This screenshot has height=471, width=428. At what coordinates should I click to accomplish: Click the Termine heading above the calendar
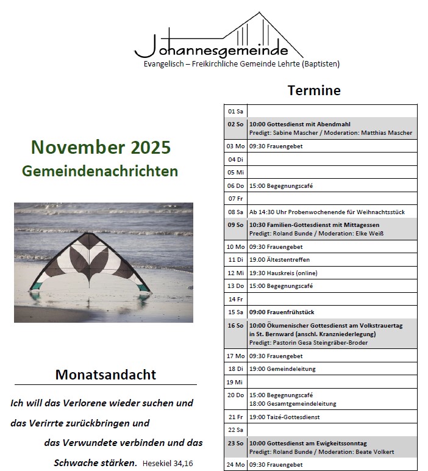click(314, 91)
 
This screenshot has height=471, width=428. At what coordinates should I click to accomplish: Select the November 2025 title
click(101, 147)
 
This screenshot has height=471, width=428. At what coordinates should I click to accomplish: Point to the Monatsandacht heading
click(105, 375)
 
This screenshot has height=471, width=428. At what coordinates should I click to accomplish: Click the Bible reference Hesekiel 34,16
click(168, 464)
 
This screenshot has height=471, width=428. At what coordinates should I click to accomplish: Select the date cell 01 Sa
click(235, 112)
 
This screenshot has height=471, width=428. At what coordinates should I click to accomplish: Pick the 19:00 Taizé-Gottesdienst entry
click(284, 417)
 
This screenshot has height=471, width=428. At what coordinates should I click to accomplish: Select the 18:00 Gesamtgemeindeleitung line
click(293, 403)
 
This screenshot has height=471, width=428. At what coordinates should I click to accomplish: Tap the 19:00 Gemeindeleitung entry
click(282, 369)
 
